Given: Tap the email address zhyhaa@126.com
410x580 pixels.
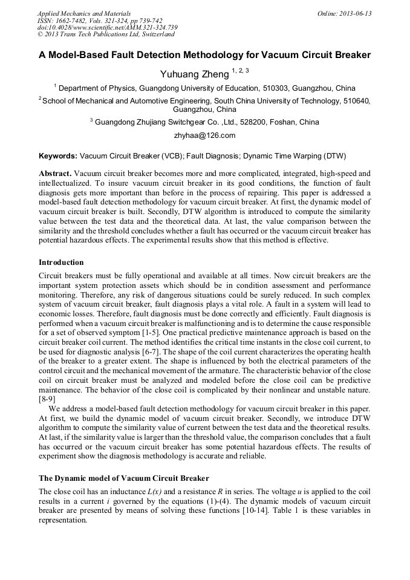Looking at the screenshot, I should pyautogui.click(x=204, y=135).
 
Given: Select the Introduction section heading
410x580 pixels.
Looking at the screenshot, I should pyautogui.click(x=61, y=262).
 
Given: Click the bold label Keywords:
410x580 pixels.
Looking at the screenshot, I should pyautogui.click(x=58, y=155).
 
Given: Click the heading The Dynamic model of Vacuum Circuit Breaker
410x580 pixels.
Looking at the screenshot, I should pyautogui.click(x=123, y=478).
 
